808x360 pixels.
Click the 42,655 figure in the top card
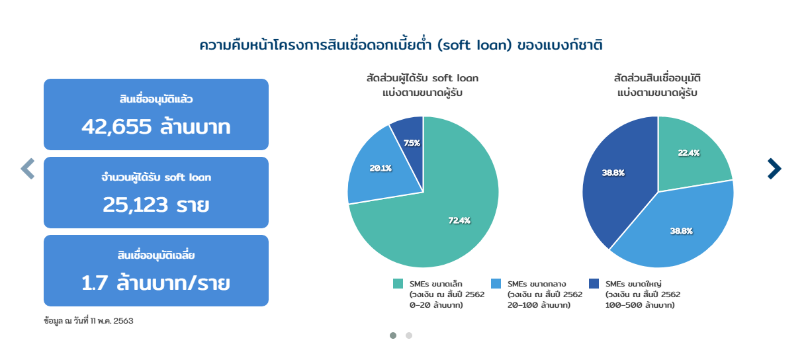(x=116, y=127)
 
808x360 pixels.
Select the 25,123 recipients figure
(x=135, y=205)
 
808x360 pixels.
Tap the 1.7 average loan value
(x=95, y=283)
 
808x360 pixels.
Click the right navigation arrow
(x=774, y=169)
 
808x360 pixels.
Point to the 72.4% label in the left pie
(x=459, y=220)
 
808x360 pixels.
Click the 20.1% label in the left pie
(x=381, y=168)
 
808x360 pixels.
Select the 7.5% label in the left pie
(x=412, y=143)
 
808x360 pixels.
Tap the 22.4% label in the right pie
(x=689, y=153)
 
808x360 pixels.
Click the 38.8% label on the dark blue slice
(x=613, y=173)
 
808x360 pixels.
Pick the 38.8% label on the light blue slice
(x=681, y=231)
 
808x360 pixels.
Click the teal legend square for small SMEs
(x=398, y=283)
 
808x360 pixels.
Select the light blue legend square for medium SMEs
(x=496, y=283)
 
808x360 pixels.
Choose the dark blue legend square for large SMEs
(x=594, y=283)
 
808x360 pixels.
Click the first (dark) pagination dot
(x=393, y=336)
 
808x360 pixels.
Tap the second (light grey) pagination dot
(x=409, y=336)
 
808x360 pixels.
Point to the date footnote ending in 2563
(x=89, y=321)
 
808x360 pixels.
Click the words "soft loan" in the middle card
(x=187, y=177)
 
